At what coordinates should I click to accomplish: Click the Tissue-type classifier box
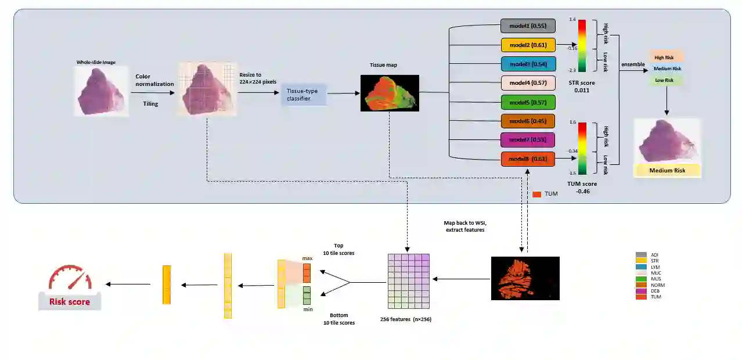pos(304,94)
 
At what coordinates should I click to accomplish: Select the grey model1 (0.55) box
pos(528,26)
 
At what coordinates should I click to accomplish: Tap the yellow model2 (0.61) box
pos(528,45)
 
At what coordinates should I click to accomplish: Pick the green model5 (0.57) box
pos(528,102)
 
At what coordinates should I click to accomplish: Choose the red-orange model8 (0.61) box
pos(528,159)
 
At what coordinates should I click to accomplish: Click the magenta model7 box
pos(528,140)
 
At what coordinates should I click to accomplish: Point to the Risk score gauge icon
pos(70,282)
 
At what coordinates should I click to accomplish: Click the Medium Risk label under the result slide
pos(667,171)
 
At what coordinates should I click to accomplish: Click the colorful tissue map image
pos(389,93)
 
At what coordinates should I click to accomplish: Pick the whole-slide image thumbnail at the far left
pos(101,91)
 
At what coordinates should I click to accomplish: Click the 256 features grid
pos(408,282)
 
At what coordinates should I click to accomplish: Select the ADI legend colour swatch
pos(641,255)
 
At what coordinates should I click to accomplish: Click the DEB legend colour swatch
pos(641,291)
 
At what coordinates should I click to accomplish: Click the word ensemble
pos(633,64)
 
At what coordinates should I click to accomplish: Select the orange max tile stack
pos(307,272)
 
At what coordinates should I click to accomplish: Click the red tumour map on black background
pos(525,278)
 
